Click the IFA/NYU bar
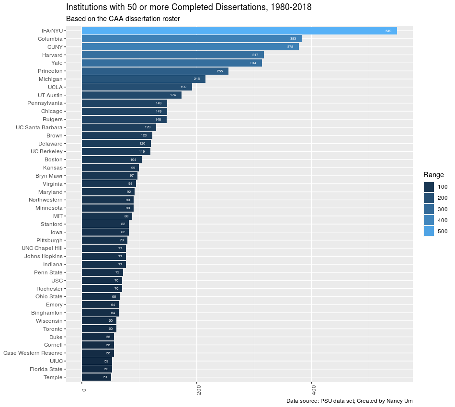239,31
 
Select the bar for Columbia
192,39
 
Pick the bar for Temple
96,377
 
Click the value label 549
388,31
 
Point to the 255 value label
220,71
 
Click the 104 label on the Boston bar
133,159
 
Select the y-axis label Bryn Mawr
49,176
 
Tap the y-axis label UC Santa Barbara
39,127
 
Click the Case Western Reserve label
33,353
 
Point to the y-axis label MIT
57,216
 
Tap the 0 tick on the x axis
84,391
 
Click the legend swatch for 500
429,231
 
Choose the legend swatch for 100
429,187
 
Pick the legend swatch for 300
429,209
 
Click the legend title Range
433,175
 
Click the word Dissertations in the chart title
240,7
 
